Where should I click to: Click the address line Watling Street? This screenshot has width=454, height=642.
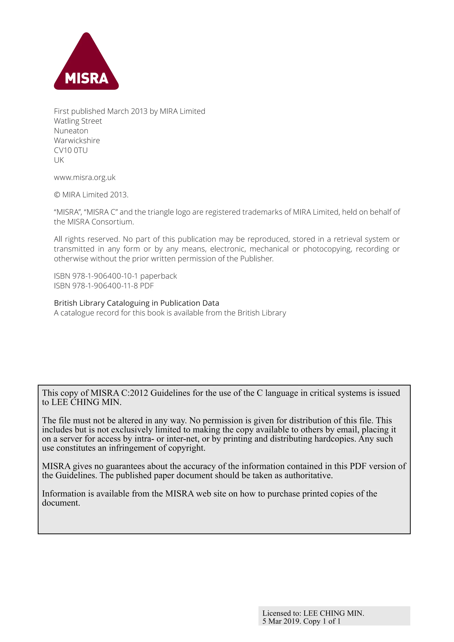point(78,121)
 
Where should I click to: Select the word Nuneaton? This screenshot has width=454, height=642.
point(71,131)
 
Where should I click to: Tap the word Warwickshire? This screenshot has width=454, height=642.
point(77,141)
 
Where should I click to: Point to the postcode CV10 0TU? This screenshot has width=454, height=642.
point(71,151)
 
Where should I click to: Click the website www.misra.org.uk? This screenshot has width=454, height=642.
point(84,178)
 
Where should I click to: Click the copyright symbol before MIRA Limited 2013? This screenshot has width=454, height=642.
point(57,195)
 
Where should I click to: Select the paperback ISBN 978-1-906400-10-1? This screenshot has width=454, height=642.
point(105,276)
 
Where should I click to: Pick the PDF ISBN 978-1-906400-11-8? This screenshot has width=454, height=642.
point(105,286)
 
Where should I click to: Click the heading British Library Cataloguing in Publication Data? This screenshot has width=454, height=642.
point(136,303)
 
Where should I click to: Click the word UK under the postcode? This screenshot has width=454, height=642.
point(59,160)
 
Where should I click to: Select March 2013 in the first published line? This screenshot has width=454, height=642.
point(127,111)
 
